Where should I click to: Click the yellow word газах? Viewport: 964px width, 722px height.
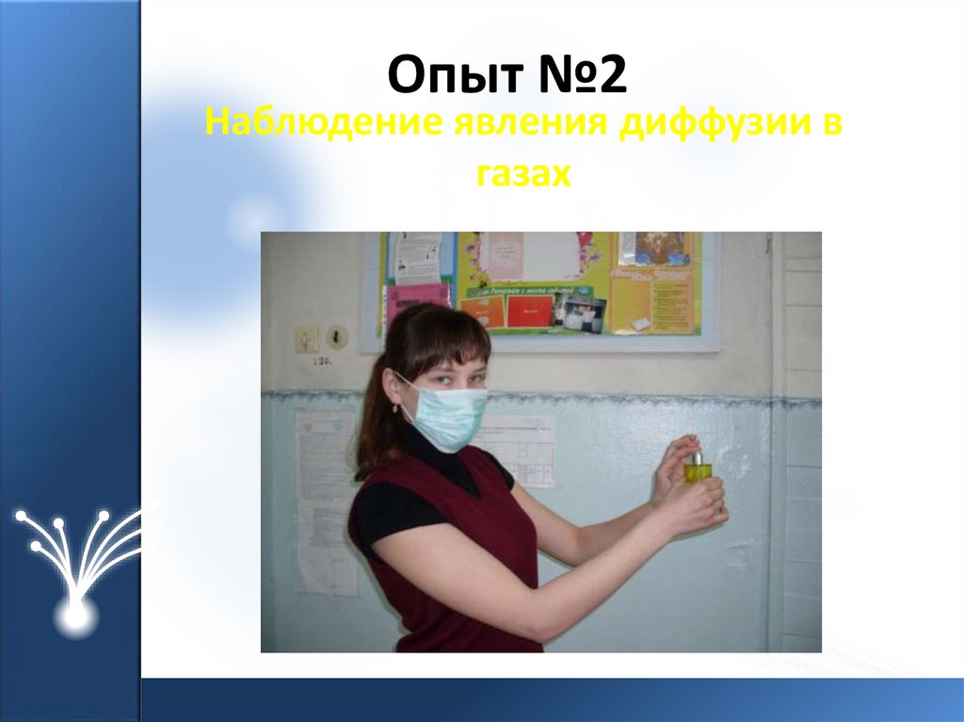(523, 175)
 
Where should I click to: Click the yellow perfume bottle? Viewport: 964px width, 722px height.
(696, 468)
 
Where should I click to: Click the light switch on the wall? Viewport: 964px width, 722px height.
(307, 339)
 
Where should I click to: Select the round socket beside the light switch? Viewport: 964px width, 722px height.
(336, 336)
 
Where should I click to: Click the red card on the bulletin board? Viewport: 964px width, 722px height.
(530, 311)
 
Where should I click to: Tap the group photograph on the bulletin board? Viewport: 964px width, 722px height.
(578, 313)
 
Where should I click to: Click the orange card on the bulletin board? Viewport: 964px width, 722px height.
(483, 312)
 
